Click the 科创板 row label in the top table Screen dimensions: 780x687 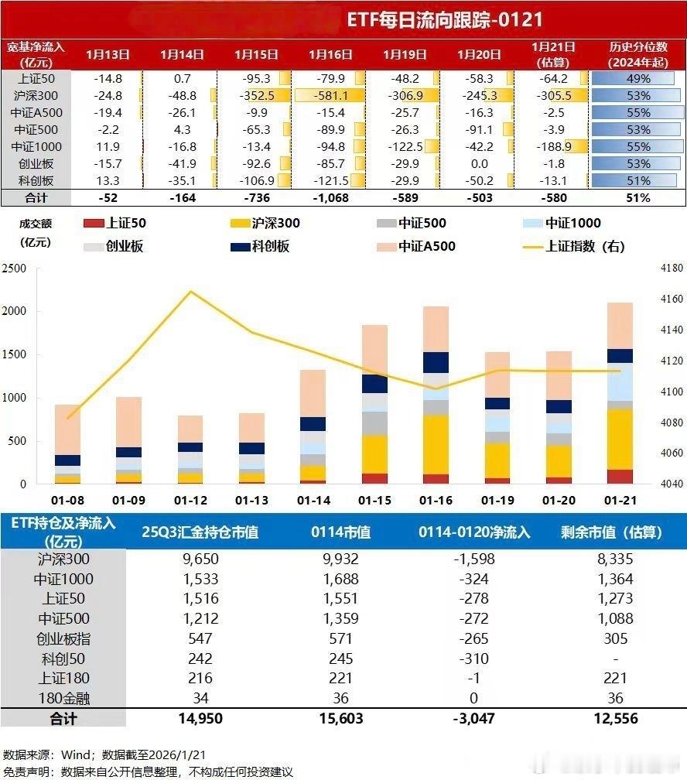tap(36, 180)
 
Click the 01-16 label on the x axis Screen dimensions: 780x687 tap(436, 501)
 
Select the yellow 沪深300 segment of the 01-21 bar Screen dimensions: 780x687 tap(620, 440)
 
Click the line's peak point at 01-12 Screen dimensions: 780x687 tap(190, 292)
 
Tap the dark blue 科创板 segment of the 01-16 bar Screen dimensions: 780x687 tap(436, 362)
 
